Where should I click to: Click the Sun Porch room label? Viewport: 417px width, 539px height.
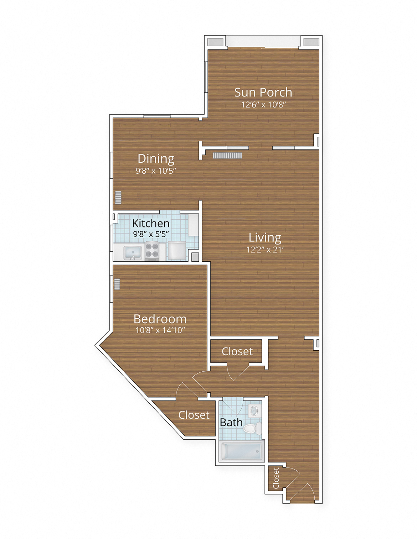pos(263,93)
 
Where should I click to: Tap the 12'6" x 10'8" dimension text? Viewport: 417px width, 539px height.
pos(263,105)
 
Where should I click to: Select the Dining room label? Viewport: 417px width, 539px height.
pos(156,159)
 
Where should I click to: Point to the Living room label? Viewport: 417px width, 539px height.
pos(265,237)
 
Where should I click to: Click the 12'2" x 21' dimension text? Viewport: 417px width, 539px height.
pos(265,250)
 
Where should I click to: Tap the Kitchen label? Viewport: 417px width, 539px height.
pos(151,223)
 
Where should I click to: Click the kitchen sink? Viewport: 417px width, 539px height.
pos(133,252)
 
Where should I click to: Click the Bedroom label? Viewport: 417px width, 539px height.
pos(160,319)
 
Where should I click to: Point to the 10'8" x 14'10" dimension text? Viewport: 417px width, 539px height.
pos(160,330)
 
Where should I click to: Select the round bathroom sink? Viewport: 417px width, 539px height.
pos(254,410)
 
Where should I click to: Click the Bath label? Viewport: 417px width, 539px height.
pos(231,423)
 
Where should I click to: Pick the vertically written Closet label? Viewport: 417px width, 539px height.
pos(276,478)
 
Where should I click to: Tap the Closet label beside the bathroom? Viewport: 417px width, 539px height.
pos(194,415)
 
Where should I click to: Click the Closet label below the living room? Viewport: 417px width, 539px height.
pos(237,352)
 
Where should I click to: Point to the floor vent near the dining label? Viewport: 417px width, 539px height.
pos(227,155)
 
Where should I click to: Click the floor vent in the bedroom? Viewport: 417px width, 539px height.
pos(117,284)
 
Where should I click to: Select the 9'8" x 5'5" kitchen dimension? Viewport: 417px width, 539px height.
pos(151,234)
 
